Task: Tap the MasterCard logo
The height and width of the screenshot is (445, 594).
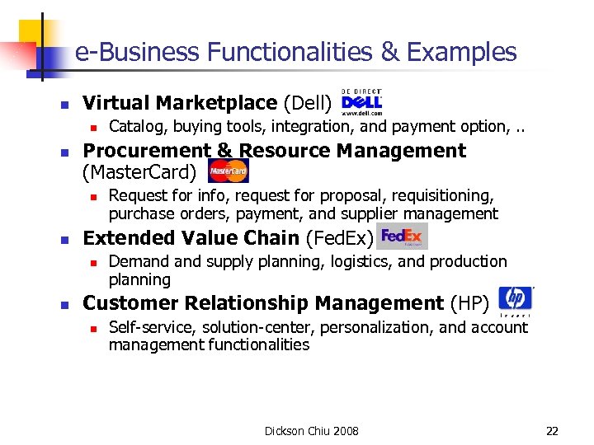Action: pyautogui.click(x=228, y=171)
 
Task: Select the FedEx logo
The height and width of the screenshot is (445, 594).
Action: pyautogui.click(x=402, y=237)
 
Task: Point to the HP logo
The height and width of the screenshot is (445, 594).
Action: pyautogui.click(x=516, y=301)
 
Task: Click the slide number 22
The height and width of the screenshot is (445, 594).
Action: pyautogui.click(x=552, y=431)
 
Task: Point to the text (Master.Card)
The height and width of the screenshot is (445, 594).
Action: pyautogui.click(x=140, y=172)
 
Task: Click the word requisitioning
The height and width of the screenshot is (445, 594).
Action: pyautogui.click(x=434, y=196)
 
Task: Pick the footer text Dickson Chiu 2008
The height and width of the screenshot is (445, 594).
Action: pyautogui.click(x=312, y=431)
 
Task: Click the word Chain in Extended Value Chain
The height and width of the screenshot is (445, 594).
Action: pyautogui.click(x=274, y=238)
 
